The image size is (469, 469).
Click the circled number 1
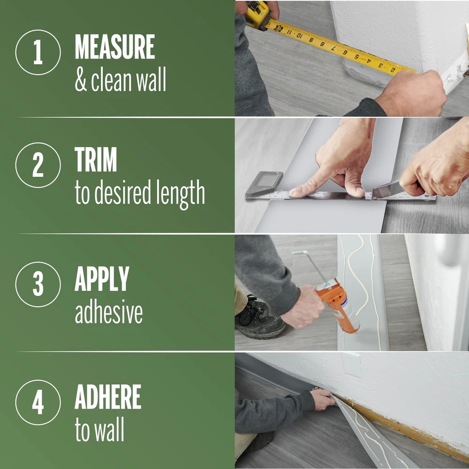(x=38, y=53)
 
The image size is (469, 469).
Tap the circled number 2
(x=38, y=165)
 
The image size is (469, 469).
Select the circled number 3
(x=38, y=285)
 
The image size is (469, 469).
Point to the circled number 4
(x=38, y=402)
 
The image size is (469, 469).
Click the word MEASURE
(x=115, y=46)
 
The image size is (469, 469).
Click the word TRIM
(x=96, y=159)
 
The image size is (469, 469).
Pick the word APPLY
(x=102, y=279)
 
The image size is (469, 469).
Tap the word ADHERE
(x=108, y=397)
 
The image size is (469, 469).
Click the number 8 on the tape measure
(x=323, y=44)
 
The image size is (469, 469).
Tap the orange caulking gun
(x=337, y=305)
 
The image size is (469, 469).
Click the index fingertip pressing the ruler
(x=295, y=193)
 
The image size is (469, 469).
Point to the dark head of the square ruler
(x=264, y=184)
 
